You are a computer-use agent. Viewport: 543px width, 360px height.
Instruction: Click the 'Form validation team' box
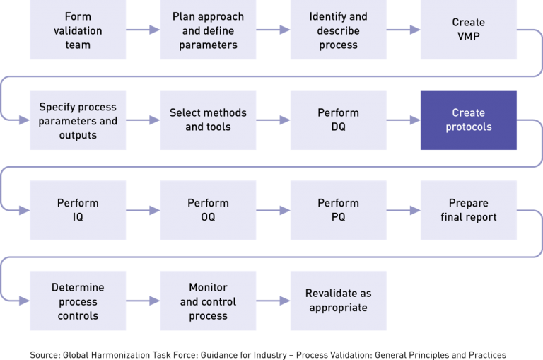78,30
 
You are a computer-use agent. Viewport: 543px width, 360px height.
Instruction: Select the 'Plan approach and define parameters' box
208,30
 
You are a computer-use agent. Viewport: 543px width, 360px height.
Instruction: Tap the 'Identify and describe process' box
338,30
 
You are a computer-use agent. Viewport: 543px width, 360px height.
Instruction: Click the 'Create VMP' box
468,30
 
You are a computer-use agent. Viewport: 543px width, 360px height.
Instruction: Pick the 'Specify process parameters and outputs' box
78,120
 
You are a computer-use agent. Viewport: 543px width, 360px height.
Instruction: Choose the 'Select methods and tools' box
208,120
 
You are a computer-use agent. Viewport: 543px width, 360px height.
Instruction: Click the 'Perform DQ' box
338,120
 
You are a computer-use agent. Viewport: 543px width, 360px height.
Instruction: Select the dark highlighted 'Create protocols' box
468,120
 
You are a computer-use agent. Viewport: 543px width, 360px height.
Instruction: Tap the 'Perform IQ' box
78,210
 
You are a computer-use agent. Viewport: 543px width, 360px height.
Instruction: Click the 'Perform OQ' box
208,210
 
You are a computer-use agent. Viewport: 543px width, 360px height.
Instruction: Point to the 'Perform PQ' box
338,210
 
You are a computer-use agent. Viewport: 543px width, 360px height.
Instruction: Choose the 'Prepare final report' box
468,210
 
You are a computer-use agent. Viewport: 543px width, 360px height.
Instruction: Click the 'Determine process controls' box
78,301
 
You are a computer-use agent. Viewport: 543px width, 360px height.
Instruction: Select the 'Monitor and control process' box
208,301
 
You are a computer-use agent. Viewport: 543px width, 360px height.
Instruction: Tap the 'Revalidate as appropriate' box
338,301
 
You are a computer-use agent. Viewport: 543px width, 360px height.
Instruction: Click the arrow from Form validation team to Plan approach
143,30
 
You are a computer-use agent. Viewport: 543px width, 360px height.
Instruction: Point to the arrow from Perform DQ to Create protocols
403,120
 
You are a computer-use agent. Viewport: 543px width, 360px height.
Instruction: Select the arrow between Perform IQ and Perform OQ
143,210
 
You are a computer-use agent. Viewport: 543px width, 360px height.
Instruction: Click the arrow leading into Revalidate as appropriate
273,301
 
